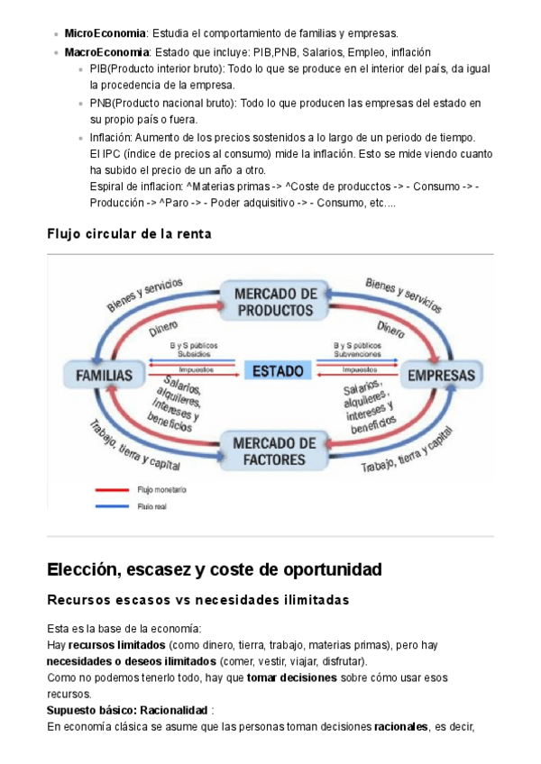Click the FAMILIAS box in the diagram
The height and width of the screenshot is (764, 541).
(x=104, y=375)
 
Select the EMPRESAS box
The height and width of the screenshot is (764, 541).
(x=439, y=375)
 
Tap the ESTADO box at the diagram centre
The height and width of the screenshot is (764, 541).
(x=278, y=370)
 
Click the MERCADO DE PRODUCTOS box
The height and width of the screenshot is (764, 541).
(x=275, y=302)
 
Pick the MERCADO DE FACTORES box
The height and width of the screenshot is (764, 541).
(x=274, y=451)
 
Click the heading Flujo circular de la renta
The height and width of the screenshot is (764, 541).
(x=129, y=234)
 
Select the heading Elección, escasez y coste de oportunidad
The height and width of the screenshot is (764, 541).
(x=214, y=569)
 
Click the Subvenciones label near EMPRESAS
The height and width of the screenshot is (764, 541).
(x=357, y=354)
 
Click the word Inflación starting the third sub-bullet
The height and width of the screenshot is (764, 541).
(x=111, y=138)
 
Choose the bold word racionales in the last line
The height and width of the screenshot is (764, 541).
(x=400, y=727)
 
